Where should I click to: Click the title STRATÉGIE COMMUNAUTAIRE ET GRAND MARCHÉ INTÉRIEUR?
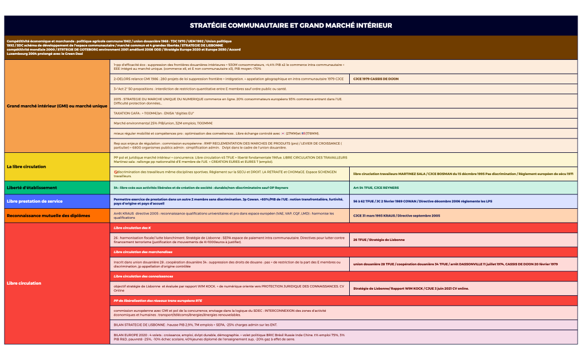[291, 25]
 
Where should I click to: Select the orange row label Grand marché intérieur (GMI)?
[57, 105]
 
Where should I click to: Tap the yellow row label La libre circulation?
[27, 166]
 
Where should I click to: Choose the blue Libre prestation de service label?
[34, 201]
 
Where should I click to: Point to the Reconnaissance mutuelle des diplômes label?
[48, 215]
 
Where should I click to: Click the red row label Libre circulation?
[24, 283]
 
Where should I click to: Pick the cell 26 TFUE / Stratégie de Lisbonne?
[379, 240]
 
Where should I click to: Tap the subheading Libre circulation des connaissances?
[143, 276]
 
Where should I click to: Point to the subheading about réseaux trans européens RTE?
[157, 300]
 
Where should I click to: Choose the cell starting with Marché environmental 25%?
[164, 123]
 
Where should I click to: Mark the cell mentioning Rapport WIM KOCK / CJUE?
[411, 289]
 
